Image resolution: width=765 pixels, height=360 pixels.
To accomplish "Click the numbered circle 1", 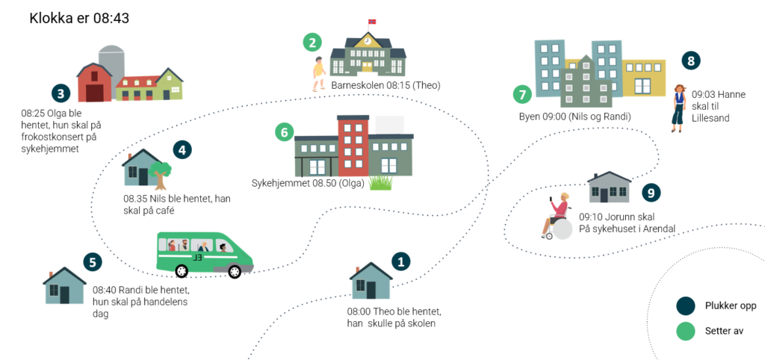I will (401, 261).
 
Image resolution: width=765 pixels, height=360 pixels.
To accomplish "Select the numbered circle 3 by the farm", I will (61, 93).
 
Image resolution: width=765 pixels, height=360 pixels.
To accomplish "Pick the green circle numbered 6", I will (283, 133).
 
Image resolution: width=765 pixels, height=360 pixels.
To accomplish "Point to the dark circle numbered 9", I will (651, 193).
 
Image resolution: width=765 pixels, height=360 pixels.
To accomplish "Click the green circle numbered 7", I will (522, 95).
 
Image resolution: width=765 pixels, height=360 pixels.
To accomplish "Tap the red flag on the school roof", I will (373, 22).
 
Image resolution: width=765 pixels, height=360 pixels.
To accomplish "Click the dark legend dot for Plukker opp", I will (685, 305).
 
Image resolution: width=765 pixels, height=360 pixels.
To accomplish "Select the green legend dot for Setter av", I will (685, 331).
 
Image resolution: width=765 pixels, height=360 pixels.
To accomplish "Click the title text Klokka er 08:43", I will (79, 18).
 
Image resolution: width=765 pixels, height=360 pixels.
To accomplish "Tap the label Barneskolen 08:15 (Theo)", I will (385, 86).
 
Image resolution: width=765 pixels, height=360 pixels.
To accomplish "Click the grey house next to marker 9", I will (609, 187).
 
